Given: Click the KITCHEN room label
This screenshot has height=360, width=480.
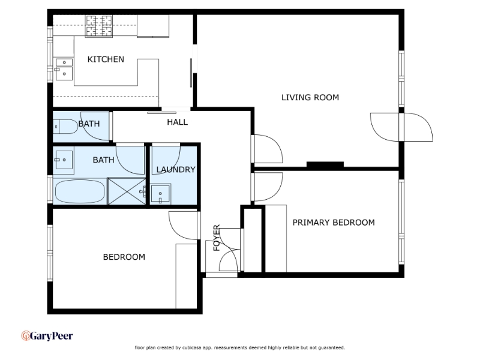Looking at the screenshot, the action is [106, 59].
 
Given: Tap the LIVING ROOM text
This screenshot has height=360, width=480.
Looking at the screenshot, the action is [310, 97].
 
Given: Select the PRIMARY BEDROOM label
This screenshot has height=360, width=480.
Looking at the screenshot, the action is [334, 222].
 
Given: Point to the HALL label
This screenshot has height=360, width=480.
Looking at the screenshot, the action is [177, 122].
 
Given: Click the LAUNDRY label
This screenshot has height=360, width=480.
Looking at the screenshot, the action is [176, 169].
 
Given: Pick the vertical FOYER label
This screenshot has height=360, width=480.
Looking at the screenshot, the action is [217, 238].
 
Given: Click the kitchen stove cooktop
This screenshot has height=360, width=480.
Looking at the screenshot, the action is [99, 26].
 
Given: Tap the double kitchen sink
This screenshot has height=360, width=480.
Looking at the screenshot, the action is [64, 69].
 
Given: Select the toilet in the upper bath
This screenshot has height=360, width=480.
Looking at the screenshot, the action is [65, 127].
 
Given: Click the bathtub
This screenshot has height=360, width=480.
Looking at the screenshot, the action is [80, 191].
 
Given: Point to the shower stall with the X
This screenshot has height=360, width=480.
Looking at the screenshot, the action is [127, 191].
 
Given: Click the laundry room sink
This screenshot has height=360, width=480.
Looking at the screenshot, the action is [160, 193].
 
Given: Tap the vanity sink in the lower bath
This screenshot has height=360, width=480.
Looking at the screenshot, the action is [64, 160].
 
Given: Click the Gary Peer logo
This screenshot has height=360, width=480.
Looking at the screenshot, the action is [47, 336].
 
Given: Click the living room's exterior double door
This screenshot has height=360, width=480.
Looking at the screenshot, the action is [401, 127].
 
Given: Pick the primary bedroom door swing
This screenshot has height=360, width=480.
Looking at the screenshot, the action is [267, 187].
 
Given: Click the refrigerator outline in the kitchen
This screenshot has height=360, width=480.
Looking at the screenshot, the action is [153, 26].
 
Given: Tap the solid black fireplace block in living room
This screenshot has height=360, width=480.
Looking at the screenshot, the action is [325, 164].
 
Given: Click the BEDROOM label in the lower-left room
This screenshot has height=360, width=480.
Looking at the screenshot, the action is [124, 257].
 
